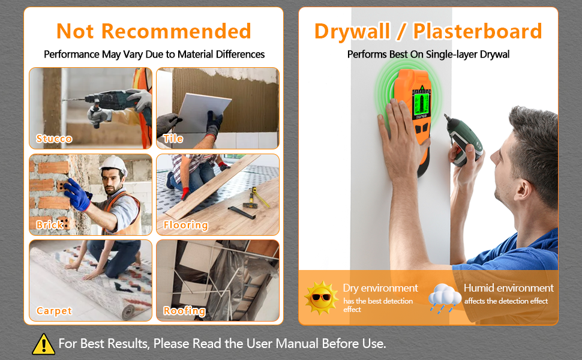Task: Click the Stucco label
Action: (54, 139)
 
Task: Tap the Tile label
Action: (173, 139)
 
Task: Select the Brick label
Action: (49, 224)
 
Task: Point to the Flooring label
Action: (185, 225)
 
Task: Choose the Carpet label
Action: (54, 311)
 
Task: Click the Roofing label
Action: (184, 311)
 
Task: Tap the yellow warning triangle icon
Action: (43, 344)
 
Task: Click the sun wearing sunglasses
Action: (321, 298)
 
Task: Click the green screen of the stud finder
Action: (422, 104)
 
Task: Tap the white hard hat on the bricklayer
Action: (114, 165)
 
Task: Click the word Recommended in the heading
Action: (176, 31)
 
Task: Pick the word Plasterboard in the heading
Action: (478, 31)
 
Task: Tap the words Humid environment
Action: (509, 288)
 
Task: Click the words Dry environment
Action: (380, 289)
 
